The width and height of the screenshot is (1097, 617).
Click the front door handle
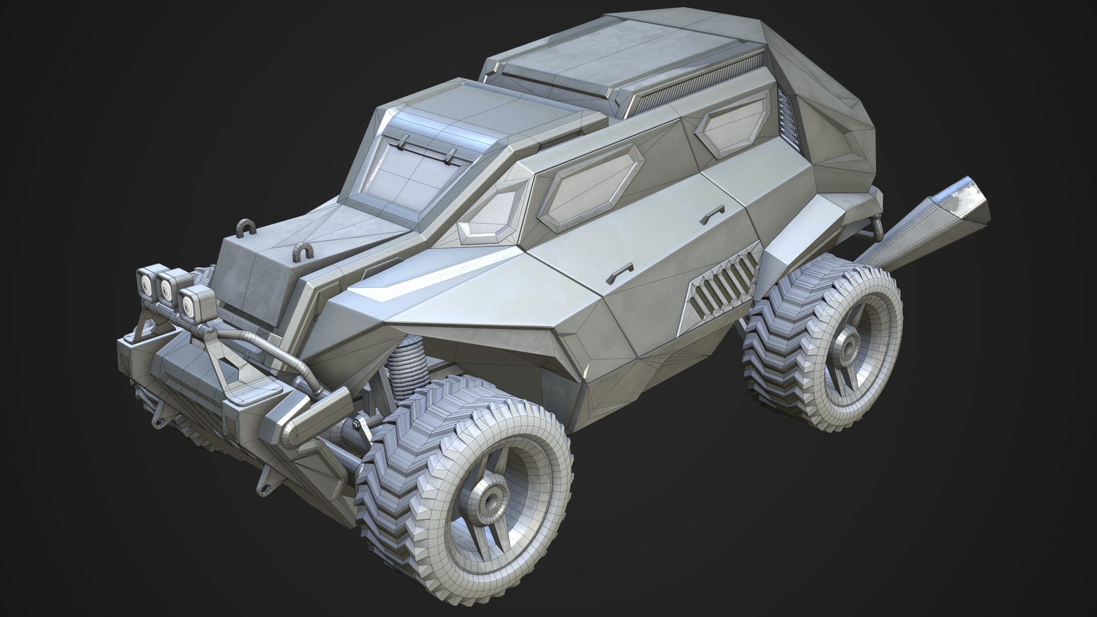tap(620, 272)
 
